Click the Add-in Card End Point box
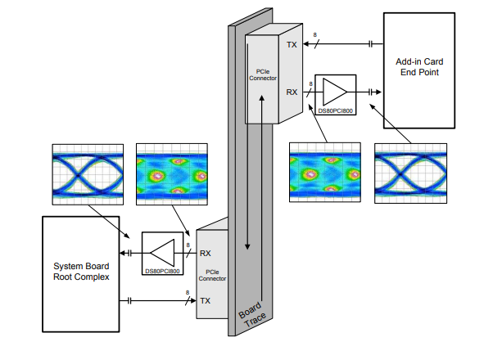[x=418, y=70]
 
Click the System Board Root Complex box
[x=81, y=274]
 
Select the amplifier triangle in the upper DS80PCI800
[x=335, y=92]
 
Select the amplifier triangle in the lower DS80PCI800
[x=162, y=253]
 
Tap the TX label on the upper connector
[x=292, y=45]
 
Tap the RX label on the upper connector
[x=292, y=92]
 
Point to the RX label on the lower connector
[x=206, y=254]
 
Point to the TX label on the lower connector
[x=206, y=301]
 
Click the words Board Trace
[x=252, y=315]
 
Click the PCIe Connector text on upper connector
[x=263, y=75]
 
